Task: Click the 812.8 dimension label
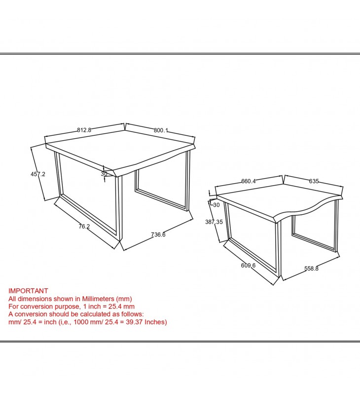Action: [84, 130]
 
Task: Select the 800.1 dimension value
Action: [161, 130]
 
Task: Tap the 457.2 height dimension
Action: [38, 174]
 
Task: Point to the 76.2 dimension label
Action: [84, 227]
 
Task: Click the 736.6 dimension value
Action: [158, 235]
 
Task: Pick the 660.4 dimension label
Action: [249, 181]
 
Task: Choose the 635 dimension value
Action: [314, 181]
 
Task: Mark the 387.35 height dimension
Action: [214, 222]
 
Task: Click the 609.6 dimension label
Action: [249, 265]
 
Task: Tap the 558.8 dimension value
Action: [312, 269]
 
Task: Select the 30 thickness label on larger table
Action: [104, 174]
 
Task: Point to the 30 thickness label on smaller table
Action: [216, 205]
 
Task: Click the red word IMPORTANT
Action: [28, 291]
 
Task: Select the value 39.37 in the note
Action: [134, 322]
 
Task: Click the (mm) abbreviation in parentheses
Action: [124, 299]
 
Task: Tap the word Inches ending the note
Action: [155, 322]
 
